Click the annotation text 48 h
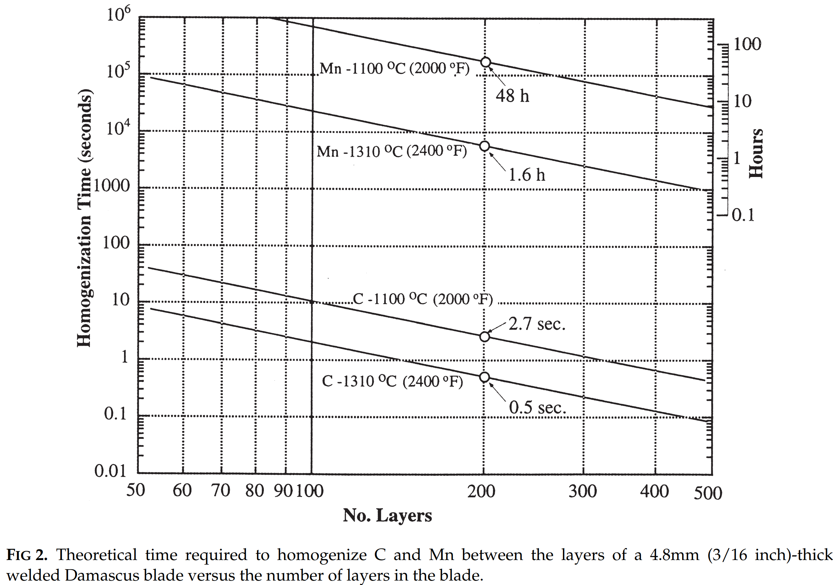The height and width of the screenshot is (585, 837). point(512,96)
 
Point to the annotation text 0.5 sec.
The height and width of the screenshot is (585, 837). point(537,407)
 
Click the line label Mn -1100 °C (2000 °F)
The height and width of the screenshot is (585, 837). point(394,68)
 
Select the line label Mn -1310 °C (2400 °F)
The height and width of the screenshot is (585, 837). point(392,151)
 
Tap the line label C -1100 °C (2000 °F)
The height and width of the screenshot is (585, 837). point(423,299)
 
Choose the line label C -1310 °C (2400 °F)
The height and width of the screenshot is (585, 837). point(393,381)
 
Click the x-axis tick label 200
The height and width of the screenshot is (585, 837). point(481,492)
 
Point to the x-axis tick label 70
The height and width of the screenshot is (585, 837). point(221,490)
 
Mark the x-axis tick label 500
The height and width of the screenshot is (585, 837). point(708,493)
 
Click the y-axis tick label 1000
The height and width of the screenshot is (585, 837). point(112,186)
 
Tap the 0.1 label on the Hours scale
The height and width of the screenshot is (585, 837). point(743,215)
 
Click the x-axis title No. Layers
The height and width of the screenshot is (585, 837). point(387,516)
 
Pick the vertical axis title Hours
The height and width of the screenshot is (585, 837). point(756,153)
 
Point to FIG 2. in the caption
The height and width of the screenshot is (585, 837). point(27,555)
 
